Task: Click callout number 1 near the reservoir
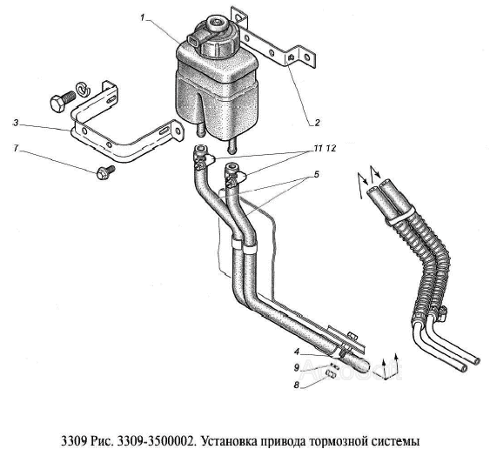click(143, 17)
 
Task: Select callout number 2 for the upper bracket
click(317, 122)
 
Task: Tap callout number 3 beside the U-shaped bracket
click(16, 124)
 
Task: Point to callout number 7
click(16, 148)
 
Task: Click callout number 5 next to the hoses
click(316, 174)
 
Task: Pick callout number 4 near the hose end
click(297, 352)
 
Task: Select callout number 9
click(297, 368)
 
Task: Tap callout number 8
click(296, 386)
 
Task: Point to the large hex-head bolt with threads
click(62, 101)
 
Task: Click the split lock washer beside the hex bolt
click(84, 89)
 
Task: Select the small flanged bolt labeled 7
click(106, 172)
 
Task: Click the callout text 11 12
click(325, 149)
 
